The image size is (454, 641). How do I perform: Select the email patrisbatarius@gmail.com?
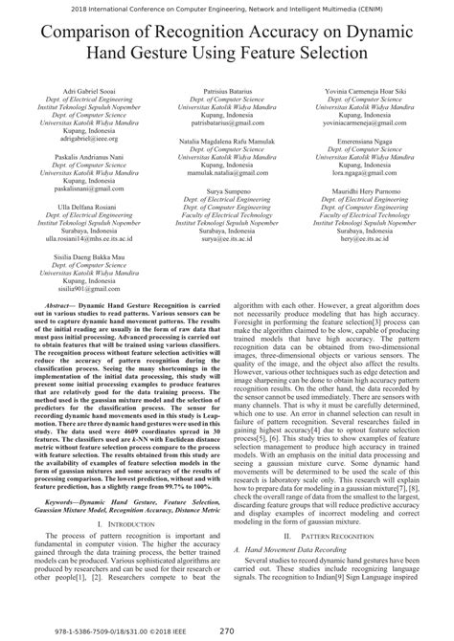coord(226,123)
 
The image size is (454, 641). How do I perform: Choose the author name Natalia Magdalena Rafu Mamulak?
coord(226,140)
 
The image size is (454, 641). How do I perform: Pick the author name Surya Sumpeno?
coord(226,192)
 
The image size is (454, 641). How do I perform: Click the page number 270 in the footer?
coord(227,630)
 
